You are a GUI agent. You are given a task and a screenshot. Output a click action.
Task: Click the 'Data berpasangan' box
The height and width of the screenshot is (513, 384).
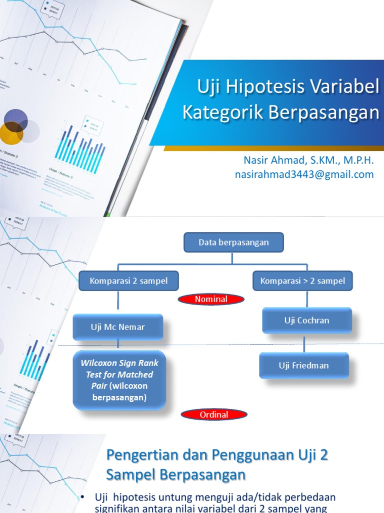[233, 242]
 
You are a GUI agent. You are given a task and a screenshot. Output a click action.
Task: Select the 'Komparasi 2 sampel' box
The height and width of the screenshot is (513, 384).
[129, 281]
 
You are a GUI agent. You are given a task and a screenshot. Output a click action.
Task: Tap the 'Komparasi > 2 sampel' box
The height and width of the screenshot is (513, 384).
[302, 281]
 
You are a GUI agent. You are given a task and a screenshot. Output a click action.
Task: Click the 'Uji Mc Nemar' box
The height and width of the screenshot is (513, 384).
[117, 327]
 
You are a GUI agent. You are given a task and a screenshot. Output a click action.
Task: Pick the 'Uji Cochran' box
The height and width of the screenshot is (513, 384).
[306, 320]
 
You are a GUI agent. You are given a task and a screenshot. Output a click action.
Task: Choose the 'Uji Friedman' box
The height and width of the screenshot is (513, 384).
[303, 365]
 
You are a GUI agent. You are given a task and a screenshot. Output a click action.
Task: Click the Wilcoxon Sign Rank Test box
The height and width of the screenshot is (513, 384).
[119, 380]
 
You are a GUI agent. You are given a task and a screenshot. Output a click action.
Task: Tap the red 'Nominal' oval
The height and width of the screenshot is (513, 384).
[211, 300]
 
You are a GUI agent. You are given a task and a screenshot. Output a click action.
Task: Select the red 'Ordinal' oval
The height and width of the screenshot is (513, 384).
[213, 414]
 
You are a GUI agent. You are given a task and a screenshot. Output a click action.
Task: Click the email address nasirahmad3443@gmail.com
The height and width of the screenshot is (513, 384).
[304, 174]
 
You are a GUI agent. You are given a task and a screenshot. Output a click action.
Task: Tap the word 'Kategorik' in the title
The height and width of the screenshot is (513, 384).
[223, 112]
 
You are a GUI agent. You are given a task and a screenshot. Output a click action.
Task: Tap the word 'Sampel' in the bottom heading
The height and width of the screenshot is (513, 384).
[131, 474]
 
